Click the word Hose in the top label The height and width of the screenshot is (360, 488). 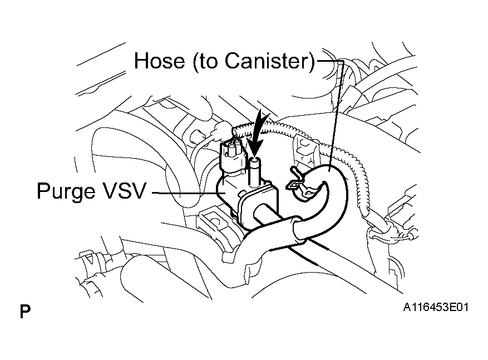click(160, 61)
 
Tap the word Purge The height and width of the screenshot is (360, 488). click(66, 191)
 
